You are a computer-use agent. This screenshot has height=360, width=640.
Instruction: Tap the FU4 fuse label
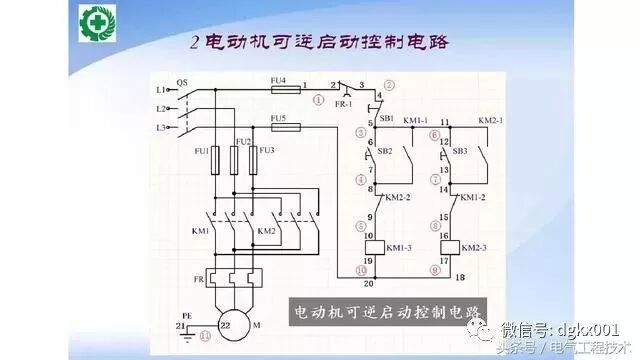(278, 79)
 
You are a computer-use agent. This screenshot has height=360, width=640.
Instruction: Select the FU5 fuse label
(278, 118)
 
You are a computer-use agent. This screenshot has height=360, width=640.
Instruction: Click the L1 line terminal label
(160, 90)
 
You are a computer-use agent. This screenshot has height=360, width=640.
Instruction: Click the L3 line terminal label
(160, 127)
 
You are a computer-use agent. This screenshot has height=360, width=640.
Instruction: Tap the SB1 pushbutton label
(386, 118)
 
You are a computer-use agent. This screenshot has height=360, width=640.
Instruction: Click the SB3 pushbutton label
(460, 150)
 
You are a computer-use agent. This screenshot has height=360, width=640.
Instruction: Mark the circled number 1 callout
(318, 100)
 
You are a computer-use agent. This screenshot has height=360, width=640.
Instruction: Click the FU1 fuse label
(201, 150)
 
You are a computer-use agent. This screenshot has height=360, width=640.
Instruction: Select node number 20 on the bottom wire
(369, 283)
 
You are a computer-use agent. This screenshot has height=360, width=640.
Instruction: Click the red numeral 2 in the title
(195, 42)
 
